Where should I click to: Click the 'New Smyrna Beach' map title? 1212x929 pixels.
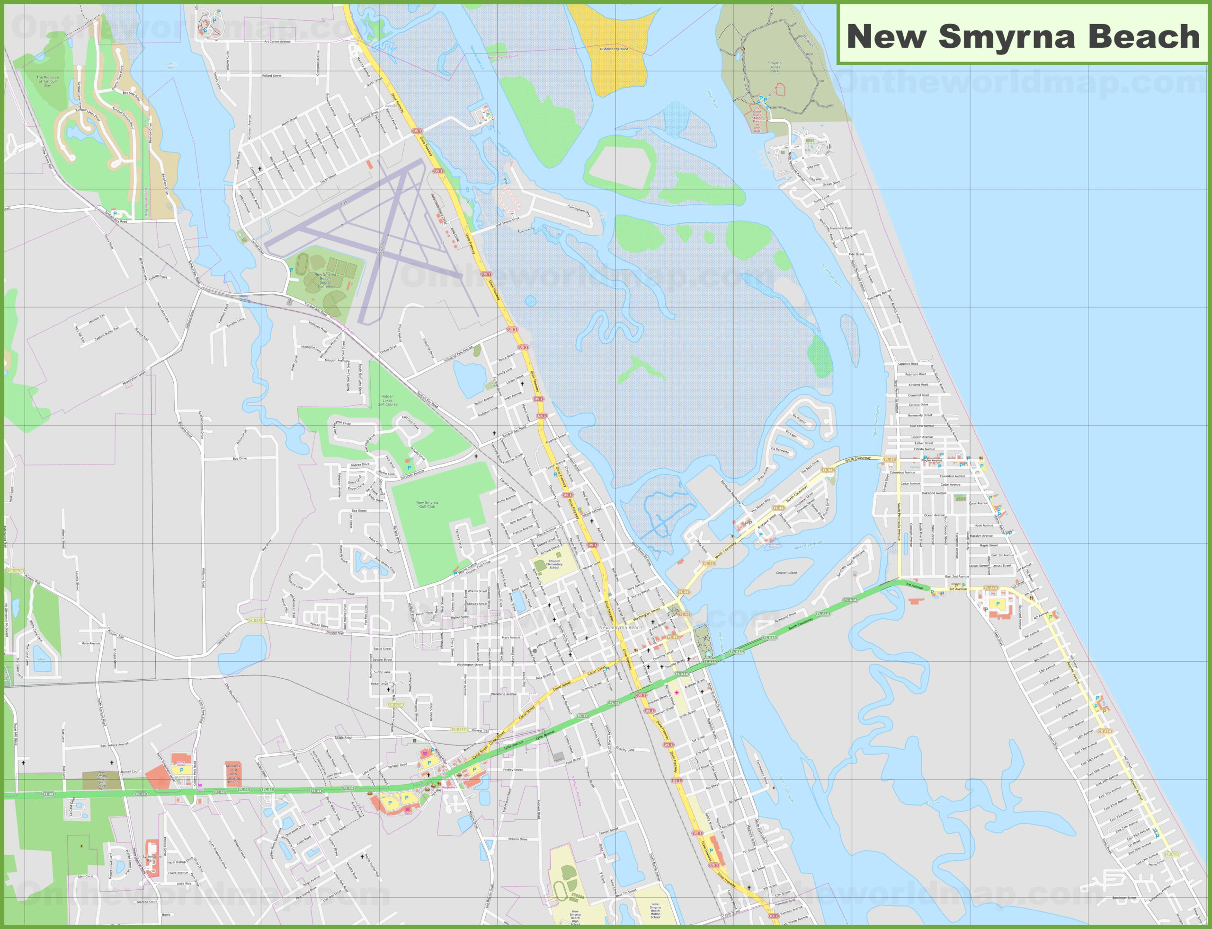1023,36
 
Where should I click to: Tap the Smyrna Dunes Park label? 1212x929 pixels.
775,67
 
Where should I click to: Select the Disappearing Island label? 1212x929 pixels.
614,49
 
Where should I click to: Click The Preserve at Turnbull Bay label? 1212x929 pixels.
48,81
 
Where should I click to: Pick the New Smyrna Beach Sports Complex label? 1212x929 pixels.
325,280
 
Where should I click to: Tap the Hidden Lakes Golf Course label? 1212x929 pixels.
387,400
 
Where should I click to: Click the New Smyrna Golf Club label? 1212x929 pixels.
427,504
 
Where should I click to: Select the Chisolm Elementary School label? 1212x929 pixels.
554,564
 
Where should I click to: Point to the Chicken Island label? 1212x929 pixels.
786,573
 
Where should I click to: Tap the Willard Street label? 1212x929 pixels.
271,76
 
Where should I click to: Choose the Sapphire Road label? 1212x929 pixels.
908,364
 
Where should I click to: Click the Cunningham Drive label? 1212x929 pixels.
579,210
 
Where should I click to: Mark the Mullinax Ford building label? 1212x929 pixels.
233,773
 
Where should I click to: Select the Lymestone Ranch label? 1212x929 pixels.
152,859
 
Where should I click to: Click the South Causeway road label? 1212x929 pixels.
801,623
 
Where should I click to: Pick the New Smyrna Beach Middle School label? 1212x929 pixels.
655,911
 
